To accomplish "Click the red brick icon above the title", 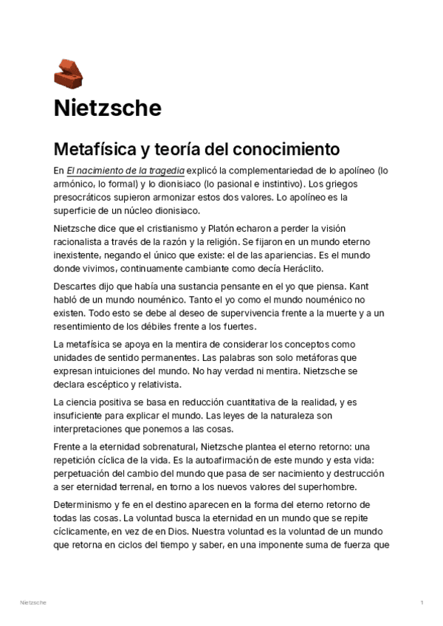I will [x=69, y=72].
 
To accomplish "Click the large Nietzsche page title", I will [x=107, y=108].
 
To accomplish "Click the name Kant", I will [x=357, y=285].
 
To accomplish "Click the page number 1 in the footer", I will [x=422, y=603].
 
